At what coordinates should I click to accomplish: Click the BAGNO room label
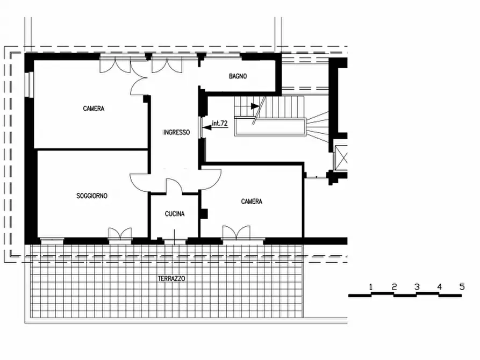pos(238,76)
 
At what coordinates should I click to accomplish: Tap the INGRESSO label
pos(176,132)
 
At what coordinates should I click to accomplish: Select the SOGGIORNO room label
pos(92,196)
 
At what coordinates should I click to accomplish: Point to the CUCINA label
pos(175,214)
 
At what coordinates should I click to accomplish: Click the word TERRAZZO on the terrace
pos(171,278)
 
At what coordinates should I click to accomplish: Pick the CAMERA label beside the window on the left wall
pos(94,109)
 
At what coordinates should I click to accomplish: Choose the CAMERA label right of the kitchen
pos(252,201)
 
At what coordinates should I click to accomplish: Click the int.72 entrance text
pos(220,123)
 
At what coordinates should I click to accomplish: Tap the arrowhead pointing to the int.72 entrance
pos(207,127)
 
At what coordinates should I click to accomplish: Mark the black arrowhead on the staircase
pos(255,106)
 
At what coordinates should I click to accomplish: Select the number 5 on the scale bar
pos(462,287)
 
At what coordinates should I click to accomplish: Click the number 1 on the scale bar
pos(371,287)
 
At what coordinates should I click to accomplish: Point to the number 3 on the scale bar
pos(417,287)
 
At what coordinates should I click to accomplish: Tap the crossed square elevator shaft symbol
pos(341,158)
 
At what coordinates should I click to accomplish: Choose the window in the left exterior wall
pos(30,85)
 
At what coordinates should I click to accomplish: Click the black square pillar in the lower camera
pos(204,214)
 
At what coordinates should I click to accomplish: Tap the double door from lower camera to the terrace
pos(236,233)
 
